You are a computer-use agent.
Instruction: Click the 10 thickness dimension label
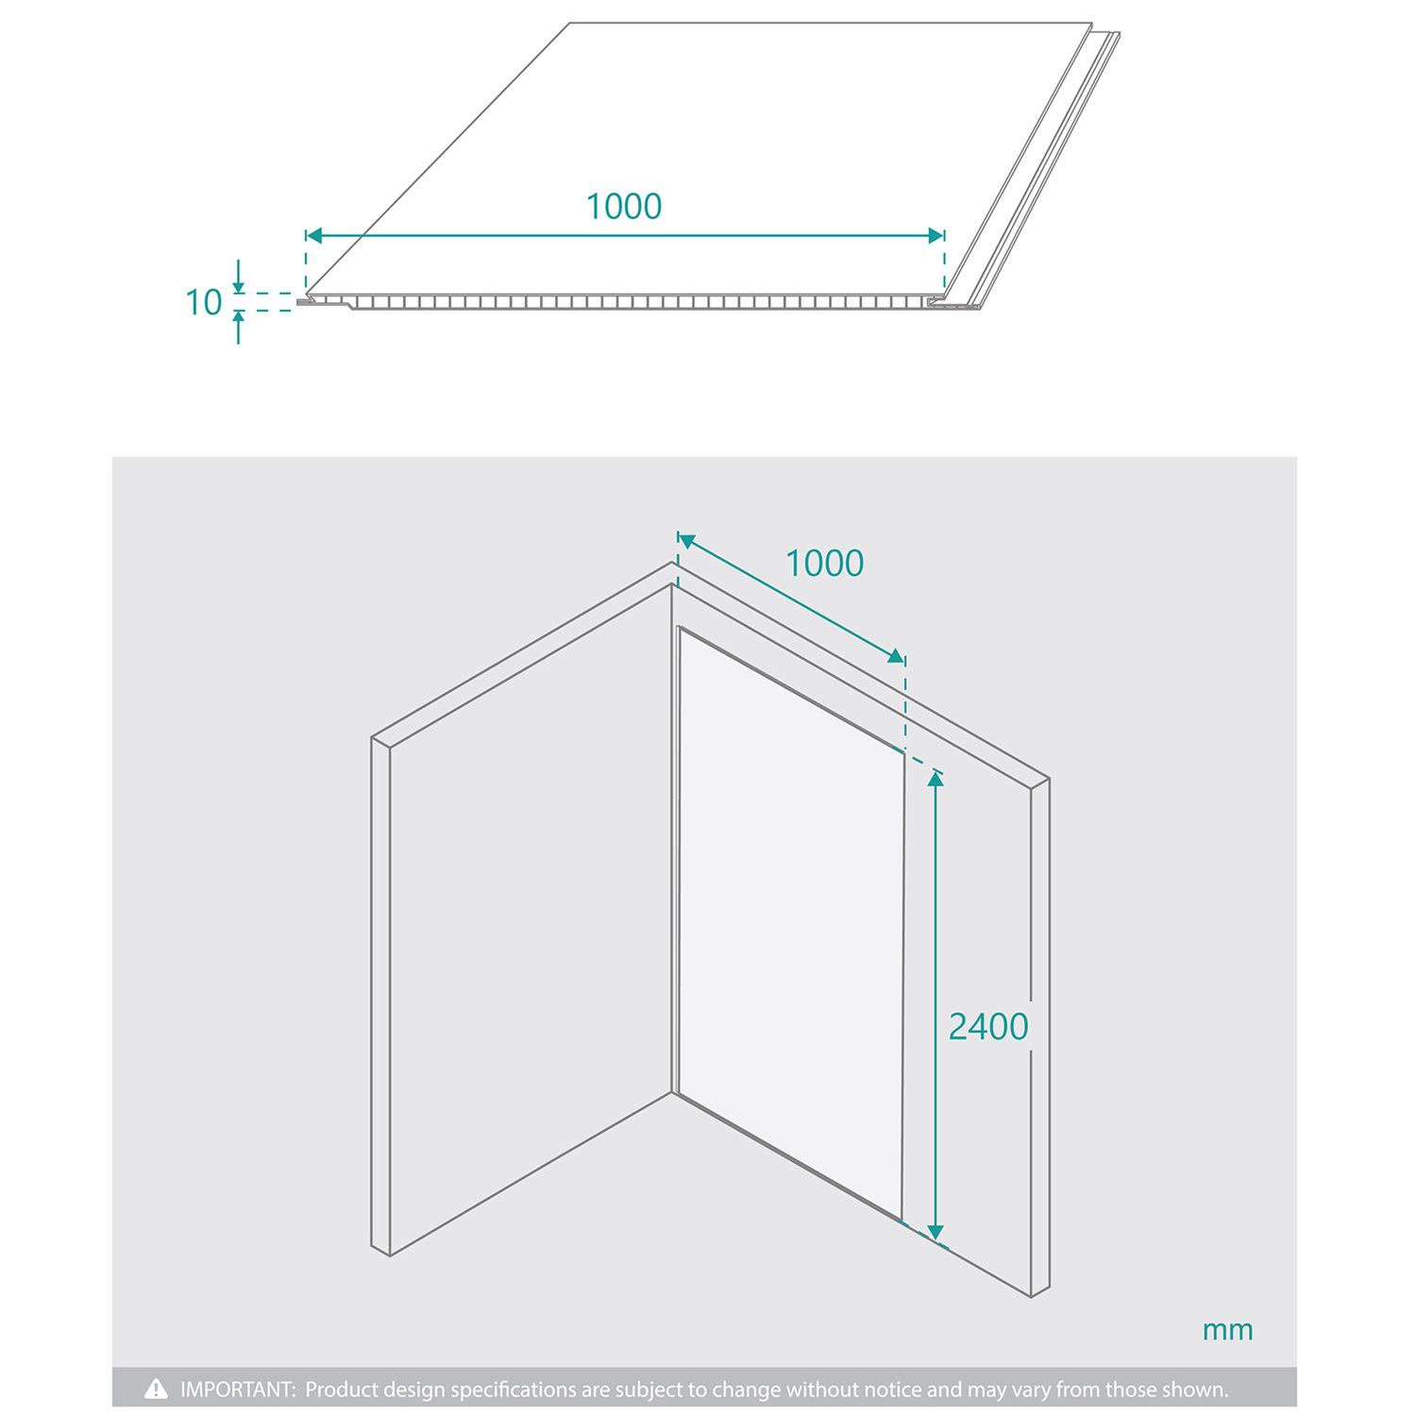click(x=203, y=302)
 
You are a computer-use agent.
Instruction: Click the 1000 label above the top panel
click(x=624, y=206)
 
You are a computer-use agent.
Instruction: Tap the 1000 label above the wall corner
click(x=825, y=564)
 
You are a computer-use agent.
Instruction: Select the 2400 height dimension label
click(x=988, y=1026)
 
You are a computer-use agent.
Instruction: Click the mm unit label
click(x=1227, y=1330)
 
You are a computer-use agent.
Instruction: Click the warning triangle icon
click(x=156, y=1389)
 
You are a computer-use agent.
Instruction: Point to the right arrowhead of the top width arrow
click(x=936, y=235)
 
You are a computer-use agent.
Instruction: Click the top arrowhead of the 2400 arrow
click(x=936, y=779)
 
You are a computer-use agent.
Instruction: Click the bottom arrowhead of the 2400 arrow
click(x=936, y=1231)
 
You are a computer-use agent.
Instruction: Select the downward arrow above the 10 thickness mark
click(x=238, y=277)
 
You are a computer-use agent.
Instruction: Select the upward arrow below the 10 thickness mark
click(x=238, y=328)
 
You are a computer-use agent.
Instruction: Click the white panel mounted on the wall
click(x=791, y=922)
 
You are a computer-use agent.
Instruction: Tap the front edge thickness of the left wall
click(x=380, y=997)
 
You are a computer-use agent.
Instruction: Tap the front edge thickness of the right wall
click(x=1039, y=1037)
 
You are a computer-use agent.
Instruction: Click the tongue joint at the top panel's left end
click(x=308, y=302)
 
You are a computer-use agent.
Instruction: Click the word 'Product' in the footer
click(x=341, y=1390)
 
